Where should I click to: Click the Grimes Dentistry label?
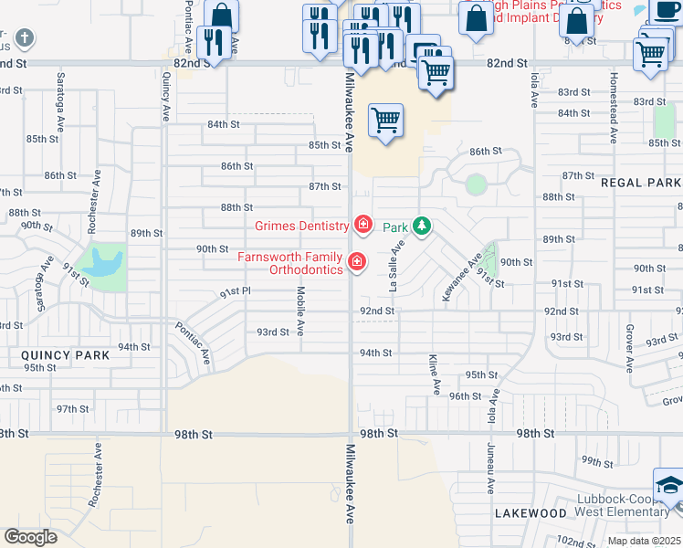point(301,226)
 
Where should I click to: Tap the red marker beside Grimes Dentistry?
point(363,225)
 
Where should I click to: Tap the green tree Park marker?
point(421,226)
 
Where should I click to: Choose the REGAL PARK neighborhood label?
point(641,183)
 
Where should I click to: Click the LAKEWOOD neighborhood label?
point(531,513)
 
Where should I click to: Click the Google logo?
point(30,537)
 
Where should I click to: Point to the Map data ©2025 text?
point(644,541)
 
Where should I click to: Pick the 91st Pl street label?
point(235,292)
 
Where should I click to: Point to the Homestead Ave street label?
point(614,108)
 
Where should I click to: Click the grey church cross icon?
point(24,38)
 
